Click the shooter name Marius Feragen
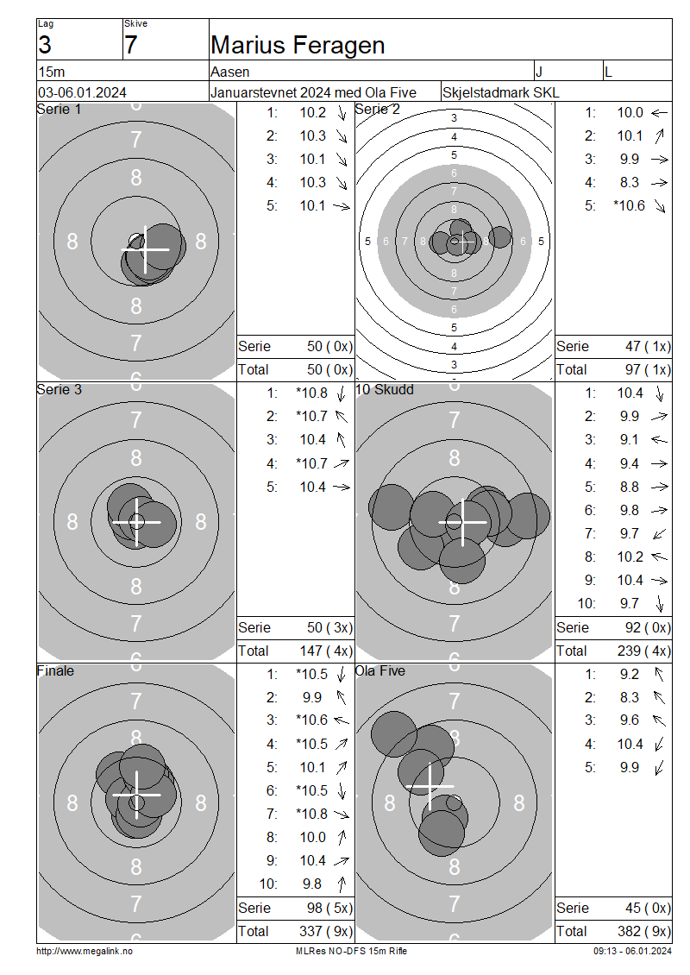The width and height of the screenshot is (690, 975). tap(298, 46)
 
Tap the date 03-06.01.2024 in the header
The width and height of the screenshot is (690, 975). tap(82, 92)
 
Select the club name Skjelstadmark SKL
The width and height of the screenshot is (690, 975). tap(500, 92)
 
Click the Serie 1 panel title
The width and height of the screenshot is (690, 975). tap(59, 110)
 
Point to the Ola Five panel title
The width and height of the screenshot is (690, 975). tap(379, 671)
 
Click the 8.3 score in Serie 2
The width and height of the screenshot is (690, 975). tap(629, 182)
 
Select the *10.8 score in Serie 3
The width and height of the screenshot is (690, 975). tap(311, 393)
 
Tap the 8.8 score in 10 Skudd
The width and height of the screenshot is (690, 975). tap(629, 487)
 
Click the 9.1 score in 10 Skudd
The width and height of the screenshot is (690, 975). tap(629, 440)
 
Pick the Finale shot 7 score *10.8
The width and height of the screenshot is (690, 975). tap(311, 814)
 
